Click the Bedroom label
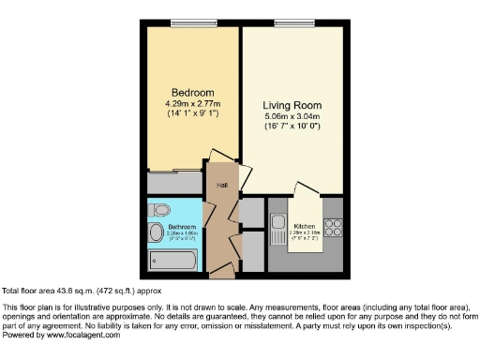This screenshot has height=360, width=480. (183, 92)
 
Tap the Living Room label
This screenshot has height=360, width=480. (292, 105)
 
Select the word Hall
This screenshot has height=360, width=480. (222, 185)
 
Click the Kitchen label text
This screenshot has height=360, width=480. (305, 226)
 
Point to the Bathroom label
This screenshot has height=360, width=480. (182, 227)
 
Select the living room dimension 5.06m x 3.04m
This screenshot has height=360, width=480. (292, 115)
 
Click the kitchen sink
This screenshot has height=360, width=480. (278, 224)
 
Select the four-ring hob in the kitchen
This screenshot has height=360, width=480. (334, 228)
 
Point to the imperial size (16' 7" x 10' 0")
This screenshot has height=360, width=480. (292, 126)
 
